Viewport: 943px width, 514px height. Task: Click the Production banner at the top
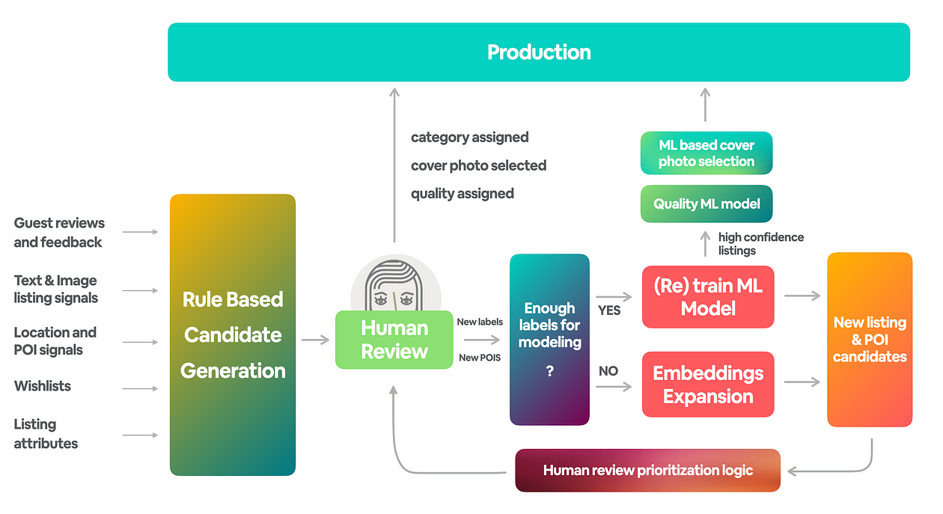(x=538, y=52)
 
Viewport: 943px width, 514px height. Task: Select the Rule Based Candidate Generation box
(x=233, y=334)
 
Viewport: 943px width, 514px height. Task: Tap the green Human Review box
(x=394, y=340)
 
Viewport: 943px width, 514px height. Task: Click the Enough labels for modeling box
(x=549, y=340)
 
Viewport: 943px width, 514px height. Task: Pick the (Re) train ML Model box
(x=707, y=296)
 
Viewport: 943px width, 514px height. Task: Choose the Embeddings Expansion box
(x=707, y=384)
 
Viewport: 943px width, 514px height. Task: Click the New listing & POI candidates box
(x=869, y=340)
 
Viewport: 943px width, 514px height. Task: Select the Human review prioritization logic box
(x=647, y=471)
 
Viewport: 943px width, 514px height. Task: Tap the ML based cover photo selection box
(x=706, y=153)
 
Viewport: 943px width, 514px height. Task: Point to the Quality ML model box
(x=706, y=204)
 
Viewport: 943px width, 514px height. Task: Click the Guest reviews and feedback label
(x=59, y=232)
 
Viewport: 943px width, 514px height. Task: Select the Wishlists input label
(x=43, y=386)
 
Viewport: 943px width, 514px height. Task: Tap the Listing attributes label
(x=46, y=434)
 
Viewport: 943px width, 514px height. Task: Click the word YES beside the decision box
(x=609, y=310)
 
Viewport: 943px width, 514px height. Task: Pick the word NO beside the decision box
(x=608, y=371)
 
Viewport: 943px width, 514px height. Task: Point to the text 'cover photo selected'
(x=478, y=165)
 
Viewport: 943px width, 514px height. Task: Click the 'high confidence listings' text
(x=760, y=244)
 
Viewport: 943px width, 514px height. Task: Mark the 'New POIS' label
(x=479, y=358)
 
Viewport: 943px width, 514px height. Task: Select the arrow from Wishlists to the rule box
(x=140, y=388)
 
